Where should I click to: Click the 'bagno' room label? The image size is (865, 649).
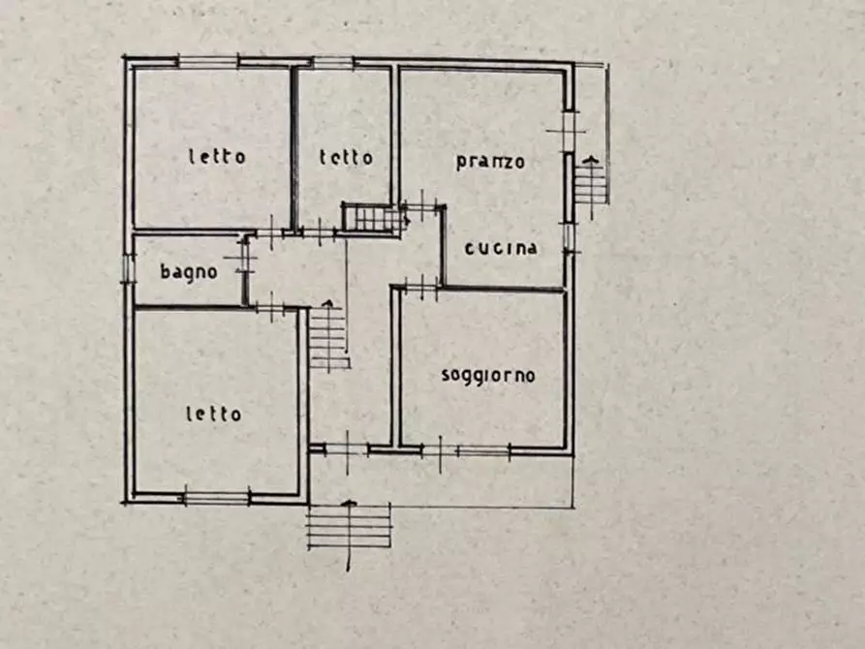pos(189,272)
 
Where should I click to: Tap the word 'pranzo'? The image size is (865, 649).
pos(490,161)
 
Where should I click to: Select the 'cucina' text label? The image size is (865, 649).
pos(500,248)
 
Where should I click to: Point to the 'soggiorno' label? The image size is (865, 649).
pos(487,376)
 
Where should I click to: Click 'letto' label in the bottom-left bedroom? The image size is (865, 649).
pos(213,415)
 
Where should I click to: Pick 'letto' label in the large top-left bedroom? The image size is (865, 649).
pos(217,156)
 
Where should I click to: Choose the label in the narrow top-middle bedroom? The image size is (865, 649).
pos(346,157)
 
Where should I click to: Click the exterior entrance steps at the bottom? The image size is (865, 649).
pos(349,528)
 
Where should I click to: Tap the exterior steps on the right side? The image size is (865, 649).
pos(590,181)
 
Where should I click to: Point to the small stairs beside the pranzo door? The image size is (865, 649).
pos(371,218)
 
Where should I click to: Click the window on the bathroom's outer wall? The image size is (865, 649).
pos(127,268)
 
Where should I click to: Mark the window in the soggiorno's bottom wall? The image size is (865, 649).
pos(482,450)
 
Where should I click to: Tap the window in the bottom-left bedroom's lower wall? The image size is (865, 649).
pos(215,498)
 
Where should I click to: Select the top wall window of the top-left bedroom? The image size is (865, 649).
pos(207,63)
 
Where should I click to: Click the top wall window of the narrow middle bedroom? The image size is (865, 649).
pos(333,64)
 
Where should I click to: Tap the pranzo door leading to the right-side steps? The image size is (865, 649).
pos(569,132)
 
